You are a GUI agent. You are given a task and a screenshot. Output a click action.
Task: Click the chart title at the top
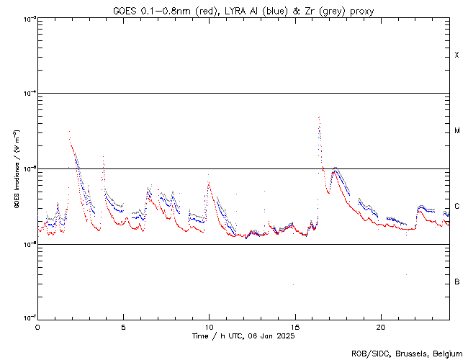243,11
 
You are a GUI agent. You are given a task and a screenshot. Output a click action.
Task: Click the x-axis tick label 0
37,325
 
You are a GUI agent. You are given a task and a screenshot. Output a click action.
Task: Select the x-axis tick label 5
123,325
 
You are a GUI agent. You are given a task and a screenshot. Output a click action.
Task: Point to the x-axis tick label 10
209,325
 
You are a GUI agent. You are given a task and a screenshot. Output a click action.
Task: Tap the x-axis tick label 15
294,325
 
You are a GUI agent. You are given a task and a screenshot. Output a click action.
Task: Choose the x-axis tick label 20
380,325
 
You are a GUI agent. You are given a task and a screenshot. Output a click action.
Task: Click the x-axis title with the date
243,336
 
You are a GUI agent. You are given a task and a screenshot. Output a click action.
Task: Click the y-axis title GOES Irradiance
16,169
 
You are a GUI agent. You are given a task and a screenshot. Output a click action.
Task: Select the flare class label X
457,55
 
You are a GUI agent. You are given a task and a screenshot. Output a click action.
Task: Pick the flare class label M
457,131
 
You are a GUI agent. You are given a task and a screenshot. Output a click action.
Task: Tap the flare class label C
457,207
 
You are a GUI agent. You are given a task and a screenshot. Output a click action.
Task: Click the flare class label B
457,282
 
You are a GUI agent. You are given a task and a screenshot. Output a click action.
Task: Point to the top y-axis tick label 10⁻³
30,18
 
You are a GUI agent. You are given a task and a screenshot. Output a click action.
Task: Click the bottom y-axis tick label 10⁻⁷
30,318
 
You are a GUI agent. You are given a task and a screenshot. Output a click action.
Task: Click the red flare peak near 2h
69,131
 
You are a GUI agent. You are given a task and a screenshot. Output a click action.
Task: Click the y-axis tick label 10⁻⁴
30,94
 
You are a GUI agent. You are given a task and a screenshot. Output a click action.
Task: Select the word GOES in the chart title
125,11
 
